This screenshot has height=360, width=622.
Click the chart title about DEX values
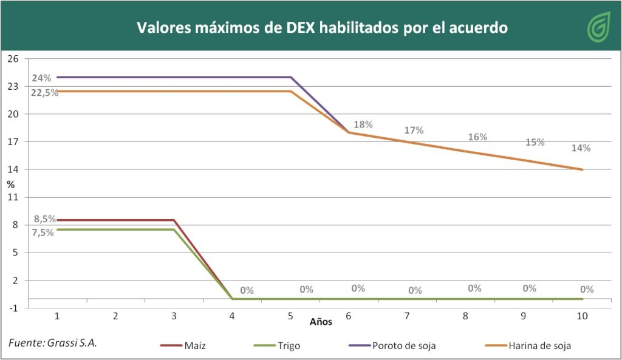(322, 28)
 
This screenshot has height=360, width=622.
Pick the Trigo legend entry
(279, 345)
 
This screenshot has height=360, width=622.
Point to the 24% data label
(41, 78)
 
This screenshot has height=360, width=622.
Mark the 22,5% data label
(44, 92)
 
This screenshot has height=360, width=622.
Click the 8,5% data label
(44, 219)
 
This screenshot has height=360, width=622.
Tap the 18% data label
(363, 124)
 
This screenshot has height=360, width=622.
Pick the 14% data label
(581, 148)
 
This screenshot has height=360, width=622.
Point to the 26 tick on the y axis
(13, 59)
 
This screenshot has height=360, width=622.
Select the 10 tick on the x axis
(582, 316)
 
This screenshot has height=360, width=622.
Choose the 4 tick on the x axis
(233, 316)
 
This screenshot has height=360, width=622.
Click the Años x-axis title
(321, 322)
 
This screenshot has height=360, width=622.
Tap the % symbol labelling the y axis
(11, 183)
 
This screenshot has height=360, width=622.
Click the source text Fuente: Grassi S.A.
(53, 343)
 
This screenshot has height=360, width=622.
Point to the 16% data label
(477, 137)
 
